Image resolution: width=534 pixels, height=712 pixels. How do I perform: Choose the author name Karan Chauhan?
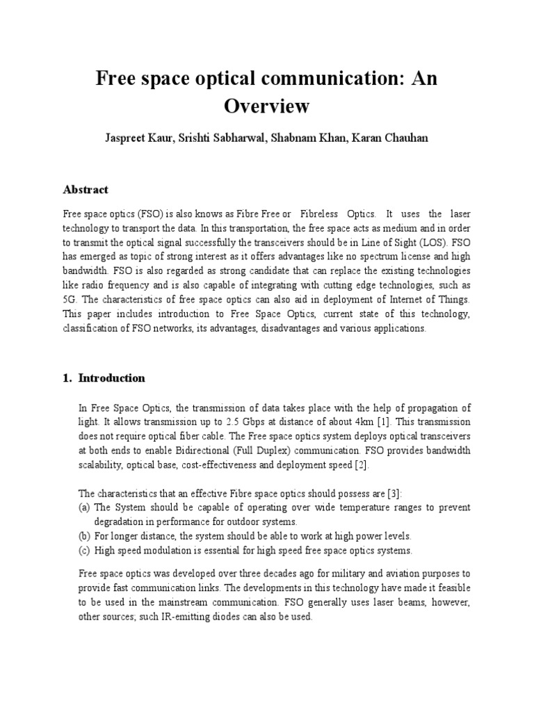(390, 138)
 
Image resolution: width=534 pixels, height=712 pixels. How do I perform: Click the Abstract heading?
(86, 189)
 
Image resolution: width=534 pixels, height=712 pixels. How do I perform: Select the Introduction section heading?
(111, 378)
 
